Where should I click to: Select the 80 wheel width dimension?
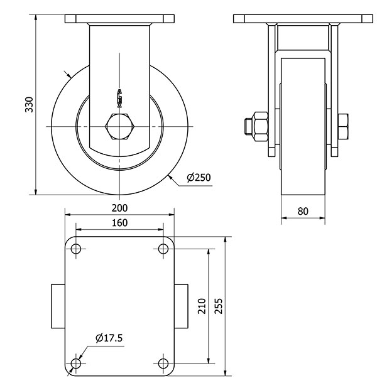303,211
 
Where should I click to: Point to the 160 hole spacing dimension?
120,223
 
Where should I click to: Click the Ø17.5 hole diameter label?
109,338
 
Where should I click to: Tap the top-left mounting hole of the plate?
77,249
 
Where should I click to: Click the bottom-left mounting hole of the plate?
77,364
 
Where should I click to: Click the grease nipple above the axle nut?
119,97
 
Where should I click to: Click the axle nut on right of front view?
343,126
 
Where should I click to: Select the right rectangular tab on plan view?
181,306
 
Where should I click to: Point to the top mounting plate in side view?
119,19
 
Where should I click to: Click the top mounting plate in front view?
301,19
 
